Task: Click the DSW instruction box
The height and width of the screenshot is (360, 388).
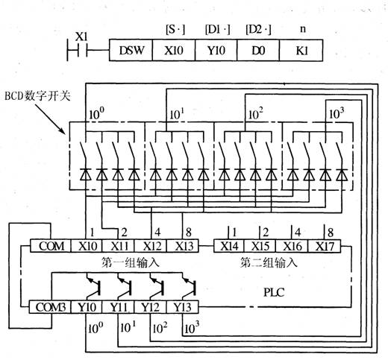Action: (x=131, y=50)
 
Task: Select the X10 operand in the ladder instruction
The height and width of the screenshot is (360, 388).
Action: (x=174, y=50)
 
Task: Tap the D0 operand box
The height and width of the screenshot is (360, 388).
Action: (x=258, y=50)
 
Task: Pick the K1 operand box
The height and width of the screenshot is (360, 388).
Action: (x=301, y=50)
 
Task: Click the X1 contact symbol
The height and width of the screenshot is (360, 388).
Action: (x=77, y=50)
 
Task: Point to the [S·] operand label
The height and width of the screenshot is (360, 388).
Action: (x=175, y=30)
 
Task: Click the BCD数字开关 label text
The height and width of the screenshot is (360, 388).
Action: (x=37, y=95)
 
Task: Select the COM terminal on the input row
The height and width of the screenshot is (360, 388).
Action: (x=51, y=246)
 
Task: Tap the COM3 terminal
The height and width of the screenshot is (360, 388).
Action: (x=51, y=307)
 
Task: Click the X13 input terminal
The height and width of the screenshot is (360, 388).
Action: (x=183, y=246)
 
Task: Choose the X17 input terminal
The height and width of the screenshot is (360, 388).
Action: (x=325, y=246)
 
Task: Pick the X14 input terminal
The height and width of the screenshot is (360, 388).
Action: (x=229, y=246)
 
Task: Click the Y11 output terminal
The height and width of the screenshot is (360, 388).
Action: (x=119, y=307)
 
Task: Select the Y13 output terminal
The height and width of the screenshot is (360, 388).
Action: (x=183, y=307)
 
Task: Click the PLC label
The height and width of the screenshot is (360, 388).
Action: (x=274, y=292)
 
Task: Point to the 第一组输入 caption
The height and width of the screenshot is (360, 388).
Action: (x=130, y=262)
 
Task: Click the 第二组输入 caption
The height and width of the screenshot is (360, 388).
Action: (x=269, y=262)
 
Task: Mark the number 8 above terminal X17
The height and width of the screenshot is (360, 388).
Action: (x=331, y=233)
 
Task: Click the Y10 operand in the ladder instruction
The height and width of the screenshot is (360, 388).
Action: (x=216, y=50)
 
